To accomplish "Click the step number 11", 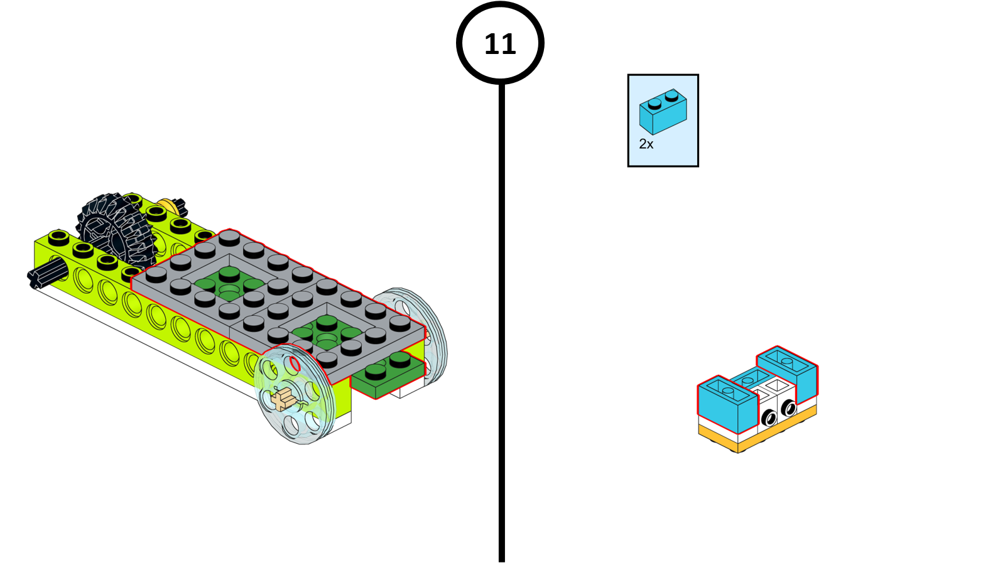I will pyautogui.click(x=500, y=44).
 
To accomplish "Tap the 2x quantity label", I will pyautogui.click(x=646, y=144).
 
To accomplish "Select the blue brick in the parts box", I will pyautogui.click(x=663, y=112).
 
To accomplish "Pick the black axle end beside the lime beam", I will pyautogui.click(x=45, y=275).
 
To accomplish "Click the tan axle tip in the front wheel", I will pyautogui.click(x=284, y=398).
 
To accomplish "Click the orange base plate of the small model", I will pyautogui.click(x=754, y=439).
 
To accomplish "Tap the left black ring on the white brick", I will pyautogui.click(x=768, y=417).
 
